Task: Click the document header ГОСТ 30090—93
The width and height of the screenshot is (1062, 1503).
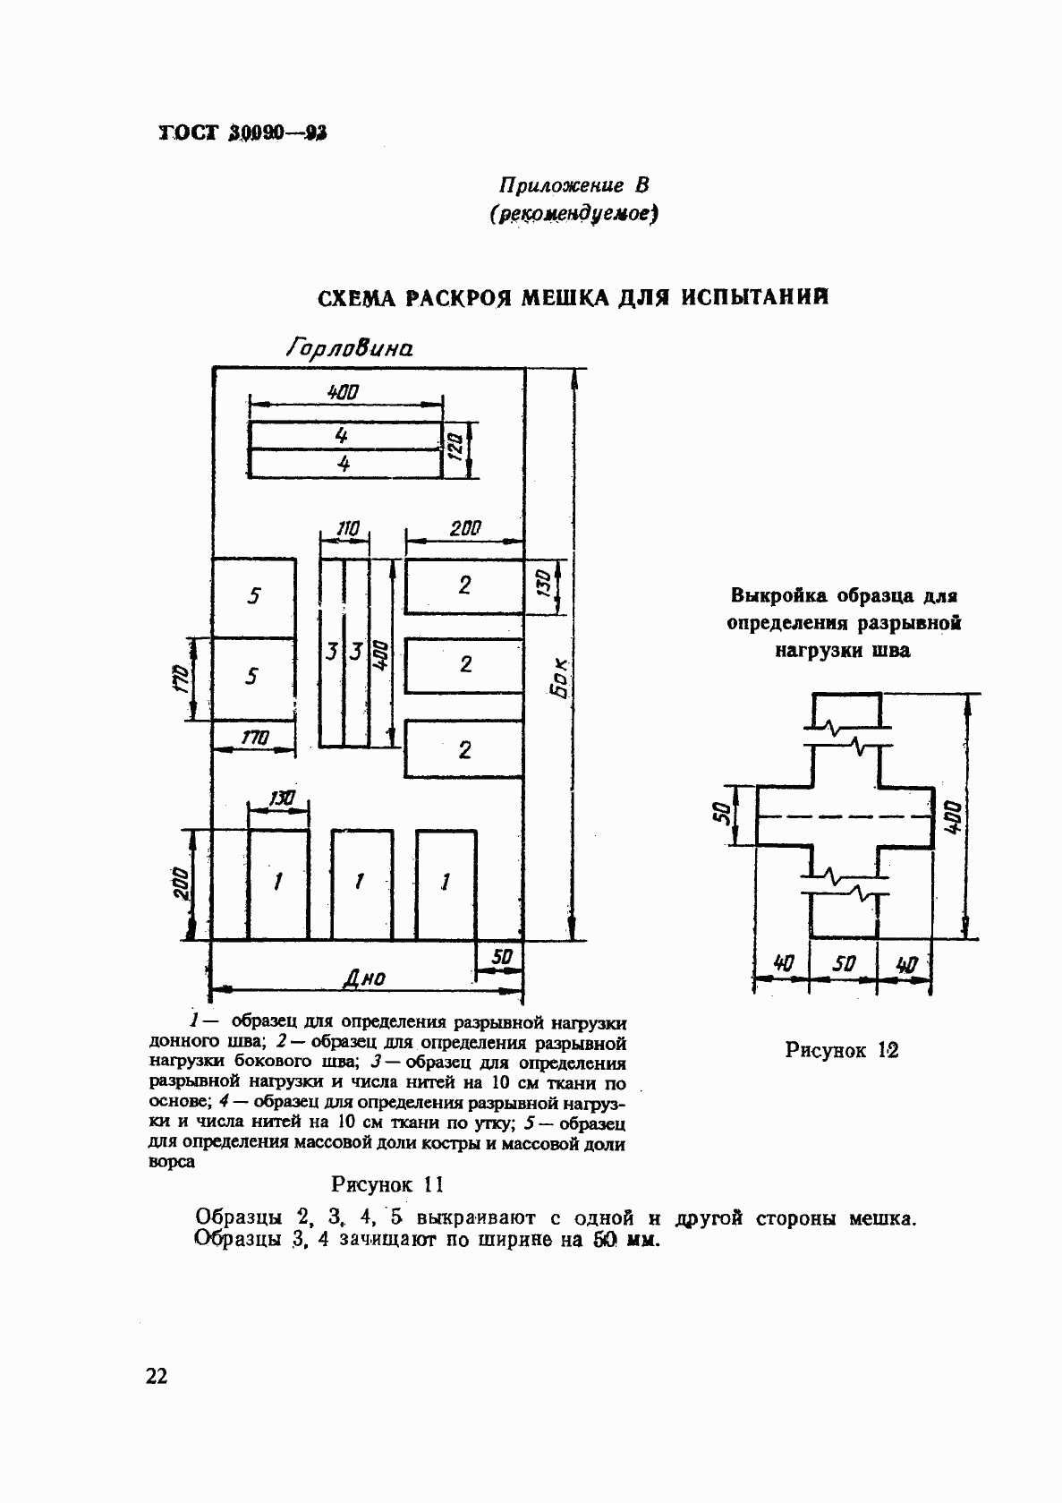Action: tap(242, 134)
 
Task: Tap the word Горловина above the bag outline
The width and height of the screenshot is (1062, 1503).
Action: tap(349, 347)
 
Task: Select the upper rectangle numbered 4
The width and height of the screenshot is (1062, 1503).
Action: tap(344, 436)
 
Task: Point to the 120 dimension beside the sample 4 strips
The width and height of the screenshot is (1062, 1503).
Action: tap(455, 444)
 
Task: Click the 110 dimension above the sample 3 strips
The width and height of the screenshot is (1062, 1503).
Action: tap(346, 529)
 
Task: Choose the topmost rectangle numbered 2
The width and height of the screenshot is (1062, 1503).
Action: tap(463, 585)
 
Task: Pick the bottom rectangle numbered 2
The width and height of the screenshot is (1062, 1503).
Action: tap(463, 750)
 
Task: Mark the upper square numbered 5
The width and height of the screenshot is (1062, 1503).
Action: tap(254, 596)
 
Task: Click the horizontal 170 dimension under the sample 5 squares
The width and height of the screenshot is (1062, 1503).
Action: tap(254, 738)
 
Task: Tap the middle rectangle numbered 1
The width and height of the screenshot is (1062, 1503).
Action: tap(361, 883)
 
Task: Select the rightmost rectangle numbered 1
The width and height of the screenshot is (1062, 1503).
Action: tap(446, 883)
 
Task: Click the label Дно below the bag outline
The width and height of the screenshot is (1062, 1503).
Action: tap(364, 978)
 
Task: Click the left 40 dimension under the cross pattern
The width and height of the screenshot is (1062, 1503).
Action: tap(783, 964)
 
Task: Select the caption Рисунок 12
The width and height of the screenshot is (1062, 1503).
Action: tap(841, 1050)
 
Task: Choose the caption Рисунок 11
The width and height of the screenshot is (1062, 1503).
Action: tap(387, 1184)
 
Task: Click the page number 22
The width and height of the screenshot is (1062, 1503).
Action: tap(156, 1377)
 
